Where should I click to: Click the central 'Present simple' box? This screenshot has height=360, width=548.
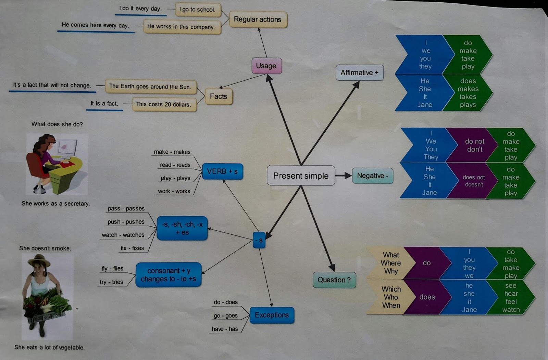coord(301,176)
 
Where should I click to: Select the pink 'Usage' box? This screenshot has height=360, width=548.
coord(266,66)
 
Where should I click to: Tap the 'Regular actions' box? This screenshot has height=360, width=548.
coord(258,20)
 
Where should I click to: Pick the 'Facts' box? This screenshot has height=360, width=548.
coord(219,97)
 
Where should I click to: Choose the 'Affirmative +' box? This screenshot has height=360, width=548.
coord(359,73)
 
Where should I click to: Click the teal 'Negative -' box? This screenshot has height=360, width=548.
coord(372,176)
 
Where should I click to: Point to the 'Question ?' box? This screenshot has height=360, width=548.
coord(334,280)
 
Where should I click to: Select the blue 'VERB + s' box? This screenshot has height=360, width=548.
coord(222,171)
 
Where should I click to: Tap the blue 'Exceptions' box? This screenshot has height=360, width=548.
coord(272,315)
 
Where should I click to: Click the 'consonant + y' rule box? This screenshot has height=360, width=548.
coord(168,275)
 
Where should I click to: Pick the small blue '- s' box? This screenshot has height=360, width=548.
coord(259,240)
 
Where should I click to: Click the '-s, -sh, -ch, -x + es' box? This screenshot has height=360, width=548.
coord(182,228)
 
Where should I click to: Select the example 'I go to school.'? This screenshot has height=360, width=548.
coord(198,10)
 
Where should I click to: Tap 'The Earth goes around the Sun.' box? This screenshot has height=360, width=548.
coord(150,87)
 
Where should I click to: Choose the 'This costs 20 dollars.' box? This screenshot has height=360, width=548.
coord(163,104)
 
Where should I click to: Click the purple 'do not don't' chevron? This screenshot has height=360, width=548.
coord(474,145)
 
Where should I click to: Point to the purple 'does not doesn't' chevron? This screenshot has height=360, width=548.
coord(474,181)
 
